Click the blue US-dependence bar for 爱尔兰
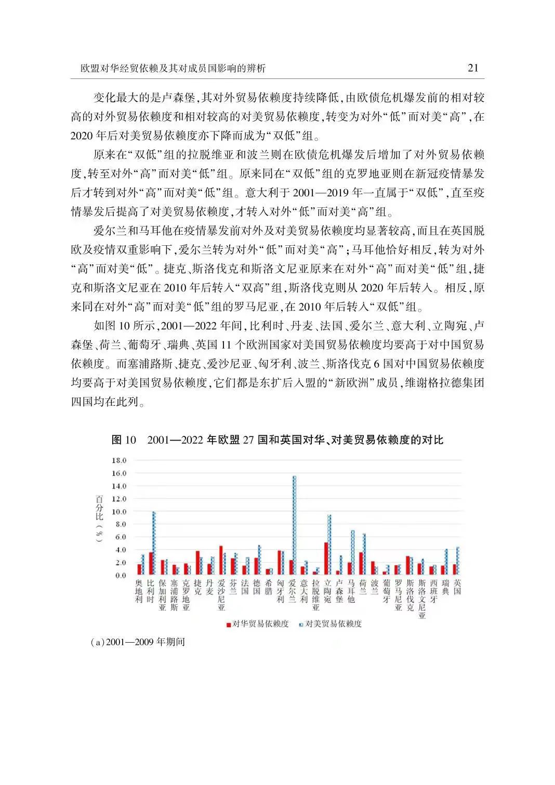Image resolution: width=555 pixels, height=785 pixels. point(295,525)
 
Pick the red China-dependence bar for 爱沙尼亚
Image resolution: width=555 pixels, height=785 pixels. point(221,560)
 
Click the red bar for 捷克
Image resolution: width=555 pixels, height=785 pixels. point(197,563)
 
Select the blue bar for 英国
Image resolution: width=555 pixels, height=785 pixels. point(458,561)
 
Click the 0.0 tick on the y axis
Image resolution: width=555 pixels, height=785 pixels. point(121,576)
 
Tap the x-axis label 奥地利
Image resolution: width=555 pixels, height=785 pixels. point(138,591)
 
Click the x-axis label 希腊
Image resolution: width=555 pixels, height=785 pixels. point(268,587)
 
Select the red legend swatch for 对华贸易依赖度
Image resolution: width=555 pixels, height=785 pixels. point(228,624)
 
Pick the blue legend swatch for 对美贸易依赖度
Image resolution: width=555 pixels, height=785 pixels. point(302,624)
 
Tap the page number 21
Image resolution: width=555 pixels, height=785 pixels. point(473,68)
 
